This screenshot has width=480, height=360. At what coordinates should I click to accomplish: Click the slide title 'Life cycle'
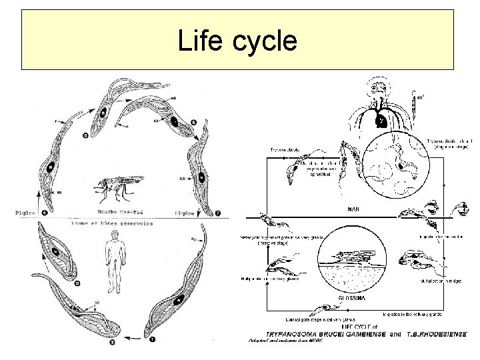237,41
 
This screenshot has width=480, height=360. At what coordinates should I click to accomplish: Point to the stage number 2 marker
111,343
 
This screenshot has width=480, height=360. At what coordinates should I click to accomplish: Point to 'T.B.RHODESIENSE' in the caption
437,333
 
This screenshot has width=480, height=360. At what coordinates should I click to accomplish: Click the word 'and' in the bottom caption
395,333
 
